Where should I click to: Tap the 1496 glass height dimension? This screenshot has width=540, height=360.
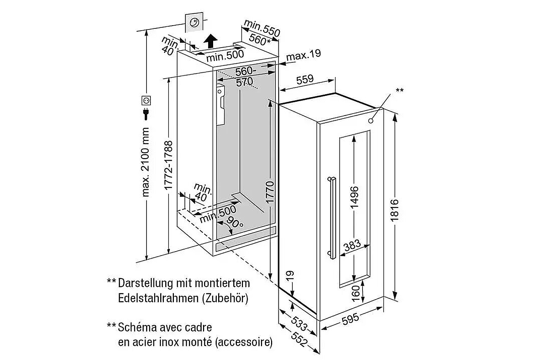tap(355, 197)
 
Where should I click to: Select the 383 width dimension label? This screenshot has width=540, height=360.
tap(352, 246)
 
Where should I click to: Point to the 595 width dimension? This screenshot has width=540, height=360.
tap(350, 318)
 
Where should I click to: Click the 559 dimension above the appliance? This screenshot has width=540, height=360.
tap(305, 79)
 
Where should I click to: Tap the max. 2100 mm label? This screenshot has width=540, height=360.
tap(145, 162)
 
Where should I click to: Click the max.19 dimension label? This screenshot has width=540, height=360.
tap(303, 55)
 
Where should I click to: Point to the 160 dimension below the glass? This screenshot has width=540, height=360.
tap(356, 293)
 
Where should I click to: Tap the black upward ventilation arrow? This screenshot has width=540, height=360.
tap(210, 41)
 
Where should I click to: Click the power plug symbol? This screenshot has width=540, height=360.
tap(146, 114)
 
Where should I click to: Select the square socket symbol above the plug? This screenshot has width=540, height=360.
tap(146, 99)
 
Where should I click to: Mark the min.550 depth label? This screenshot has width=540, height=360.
tap(262, 28)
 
